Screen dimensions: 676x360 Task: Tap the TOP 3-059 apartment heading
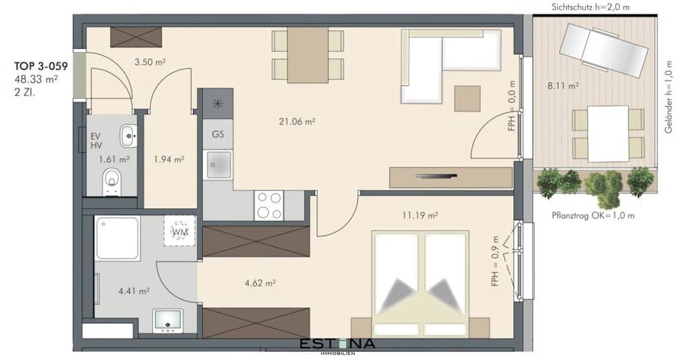point(41,66)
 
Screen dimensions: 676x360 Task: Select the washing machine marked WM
point(180,230)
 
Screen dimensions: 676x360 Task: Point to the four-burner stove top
point(269,205)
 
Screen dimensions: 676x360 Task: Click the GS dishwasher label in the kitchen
point(218,134)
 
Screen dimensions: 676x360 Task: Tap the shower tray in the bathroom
point(117,239)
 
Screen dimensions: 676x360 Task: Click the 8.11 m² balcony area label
point(563,86)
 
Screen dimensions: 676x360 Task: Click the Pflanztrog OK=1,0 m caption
point(593,215)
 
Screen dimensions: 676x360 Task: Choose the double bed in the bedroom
point(421,284)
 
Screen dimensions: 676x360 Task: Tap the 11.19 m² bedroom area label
point(420,215)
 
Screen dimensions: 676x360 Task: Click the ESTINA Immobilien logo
point(337,346)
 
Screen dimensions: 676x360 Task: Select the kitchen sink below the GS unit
point(218,164)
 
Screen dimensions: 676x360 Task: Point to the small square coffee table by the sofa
point(468,98)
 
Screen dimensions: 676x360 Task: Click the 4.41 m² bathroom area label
point(134,291)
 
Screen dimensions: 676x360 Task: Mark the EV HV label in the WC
point(96,141)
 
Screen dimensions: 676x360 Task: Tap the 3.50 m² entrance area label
point(150,62)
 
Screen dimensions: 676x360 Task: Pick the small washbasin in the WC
point(128,136)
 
